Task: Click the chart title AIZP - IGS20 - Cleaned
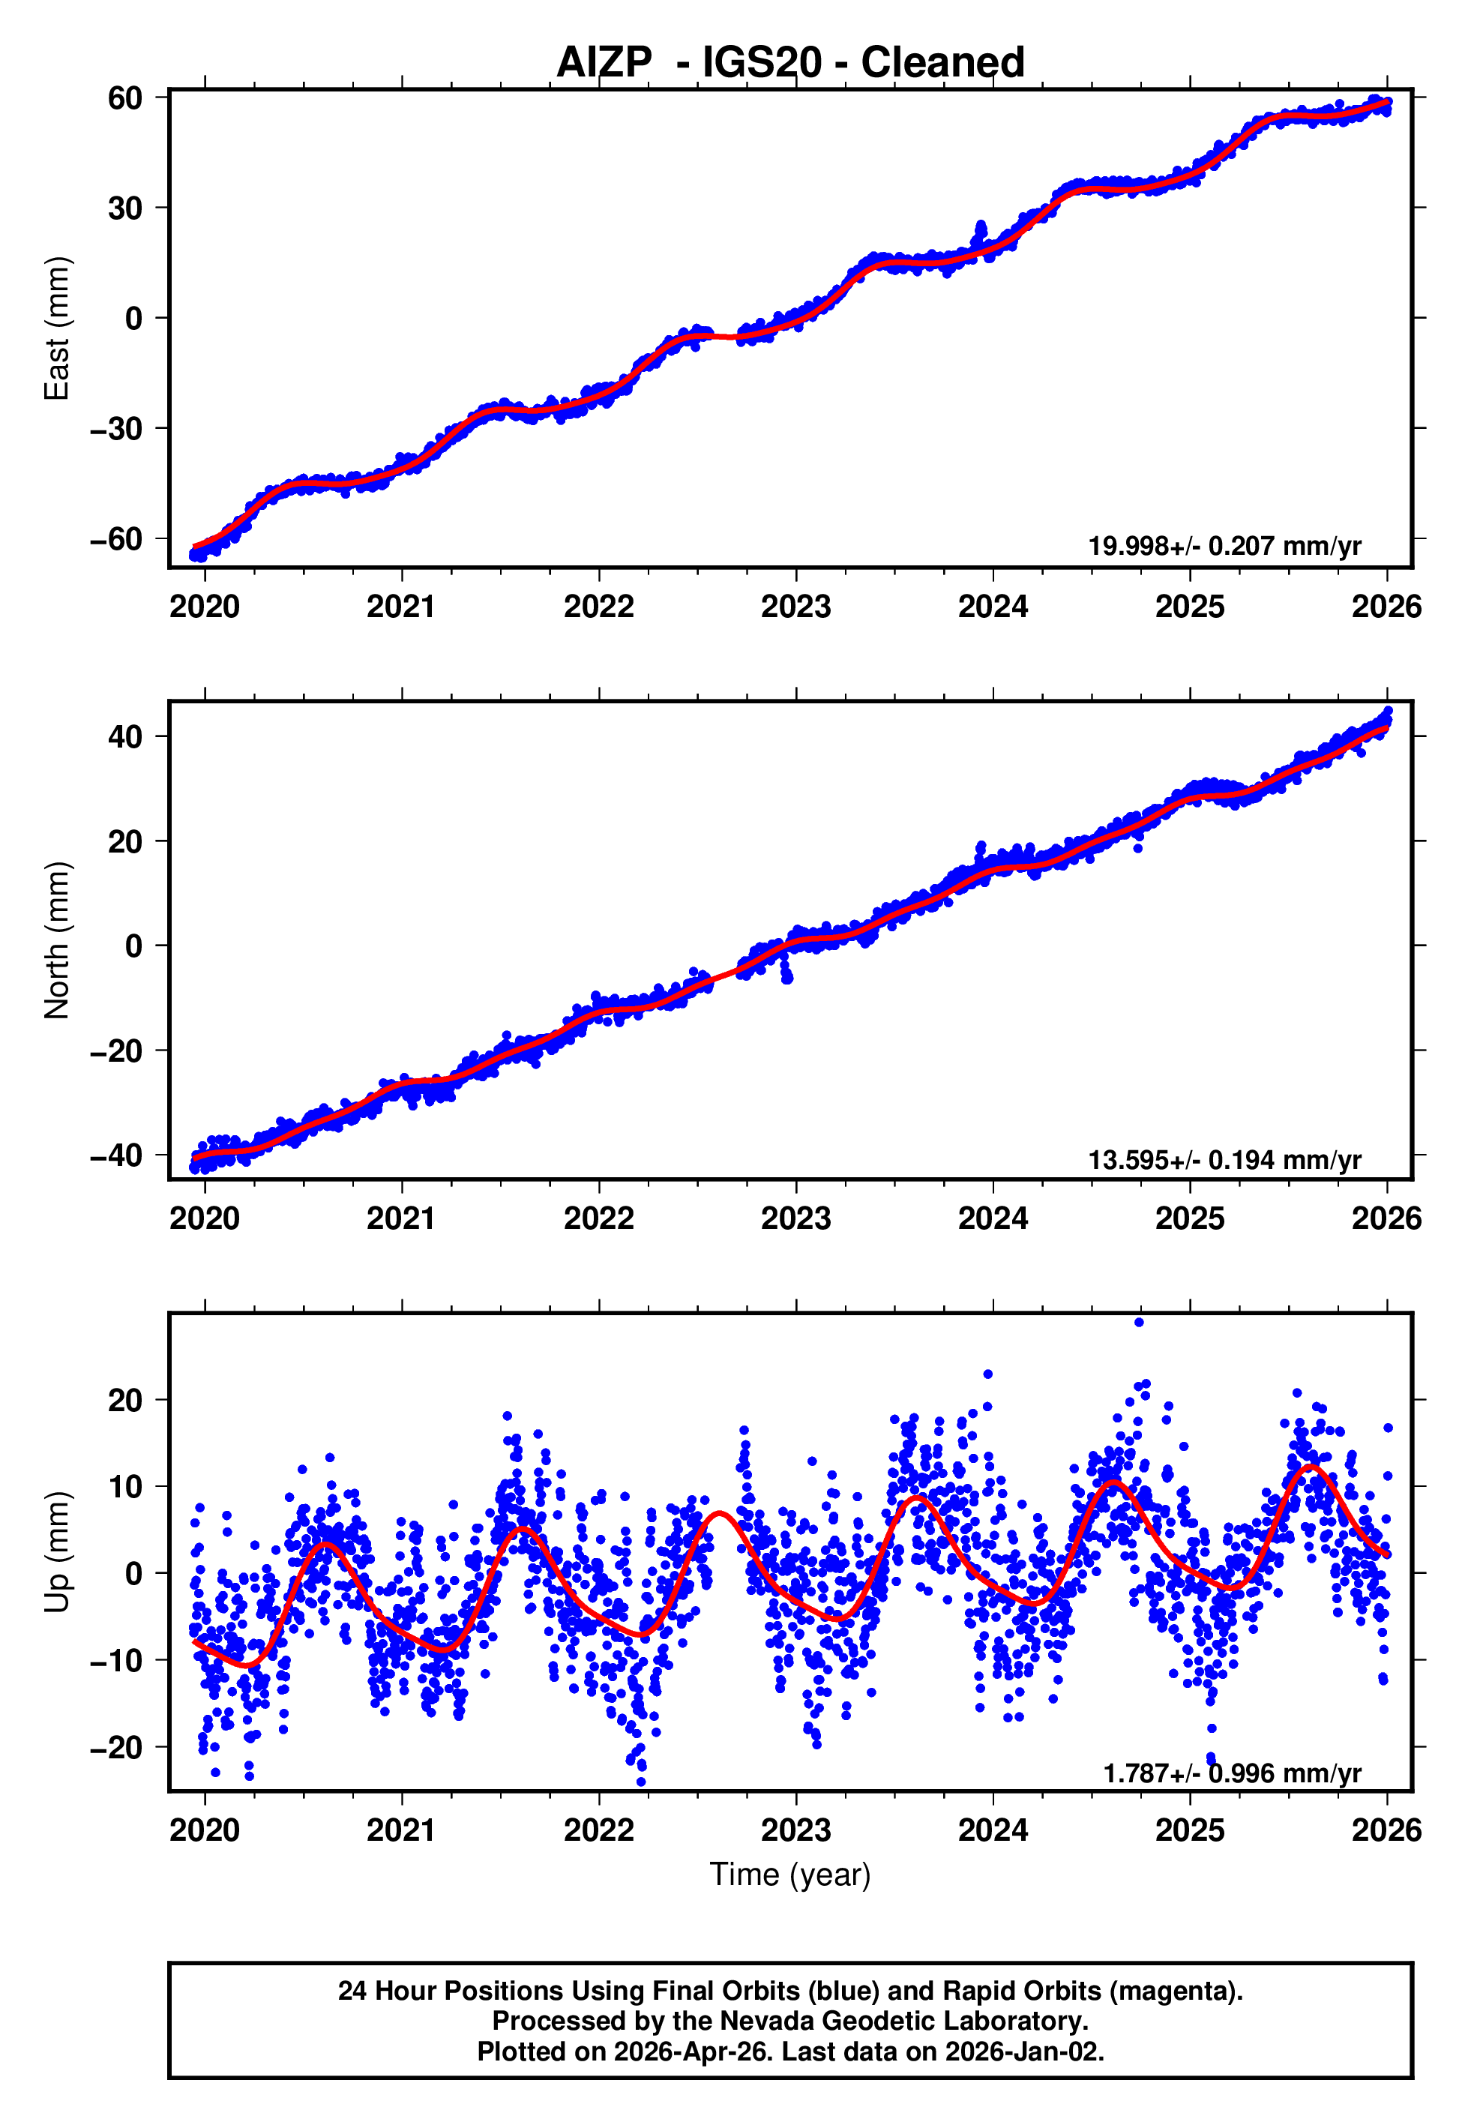click(x=790, y=63)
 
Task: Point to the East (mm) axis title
click(x=57, y=328)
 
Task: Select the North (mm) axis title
click(x=57, y=940)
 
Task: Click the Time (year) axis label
click(x=790, y=1875)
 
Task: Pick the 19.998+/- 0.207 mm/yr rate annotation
click(x=1225, y=546)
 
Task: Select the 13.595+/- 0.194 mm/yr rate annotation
click(x=1225, y=1159)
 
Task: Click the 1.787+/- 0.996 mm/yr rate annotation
click(x=1233, y=1773)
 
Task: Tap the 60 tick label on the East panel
click(x=125, y=97)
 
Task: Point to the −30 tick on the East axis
click(x=117, y=428)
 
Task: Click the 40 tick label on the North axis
click(x=125, y=736)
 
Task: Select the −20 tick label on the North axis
click(x=117, y=1051)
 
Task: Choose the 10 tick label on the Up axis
click(x=125, y=1486)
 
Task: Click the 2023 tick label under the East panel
click(x=796, y=607)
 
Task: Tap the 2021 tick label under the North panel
click(x=402, y=1218)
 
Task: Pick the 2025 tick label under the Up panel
click(x=1190, y=1830)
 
